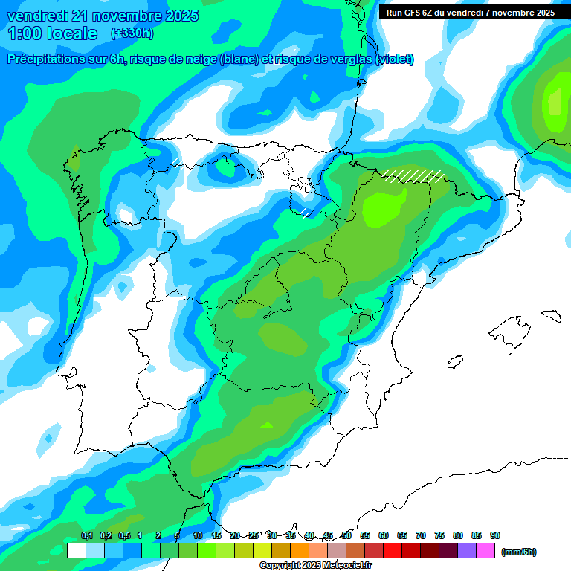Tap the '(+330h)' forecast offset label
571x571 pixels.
pos(132,33)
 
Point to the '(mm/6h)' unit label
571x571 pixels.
pos(518,552)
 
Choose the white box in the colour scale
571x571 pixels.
pos(76,551)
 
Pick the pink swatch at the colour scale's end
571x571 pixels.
pos(485,551)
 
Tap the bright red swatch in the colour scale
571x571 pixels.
pos(393,551)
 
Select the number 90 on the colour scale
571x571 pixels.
pos(495,536)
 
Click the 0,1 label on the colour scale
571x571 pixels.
pos(87,536)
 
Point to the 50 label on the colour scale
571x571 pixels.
pos(346,536)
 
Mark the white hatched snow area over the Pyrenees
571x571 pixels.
pos(413,175)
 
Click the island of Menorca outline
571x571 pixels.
pos(551,315)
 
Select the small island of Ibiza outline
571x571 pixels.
pos(454,362)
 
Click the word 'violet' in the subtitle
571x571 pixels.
pos(394,59)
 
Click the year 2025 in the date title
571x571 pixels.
pos(178,16)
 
